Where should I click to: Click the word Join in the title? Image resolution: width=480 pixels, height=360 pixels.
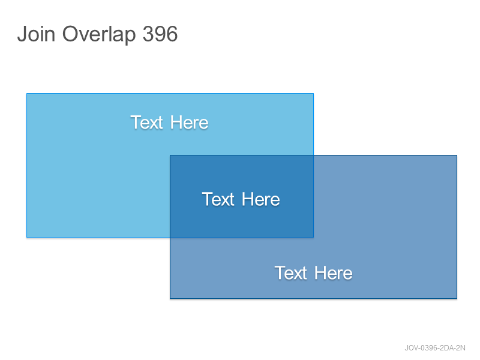click(x=36, y=34)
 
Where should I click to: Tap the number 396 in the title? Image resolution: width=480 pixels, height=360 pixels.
click(x=160, y=34)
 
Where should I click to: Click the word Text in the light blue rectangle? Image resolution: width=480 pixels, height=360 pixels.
click(x=146, y=122)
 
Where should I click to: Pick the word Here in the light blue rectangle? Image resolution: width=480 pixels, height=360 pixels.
click(x=189, y=122)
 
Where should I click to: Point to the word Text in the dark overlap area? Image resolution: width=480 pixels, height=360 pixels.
click(x=218, y=199)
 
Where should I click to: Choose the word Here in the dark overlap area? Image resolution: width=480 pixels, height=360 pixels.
click(x=261, y=199)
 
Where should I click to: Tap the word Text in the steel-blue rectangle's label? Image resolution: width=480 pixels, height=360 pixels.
click(x=291, y=273)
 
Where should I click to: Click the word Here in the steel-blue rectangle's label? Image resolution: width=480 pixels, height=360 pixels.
click(x=334, y=273)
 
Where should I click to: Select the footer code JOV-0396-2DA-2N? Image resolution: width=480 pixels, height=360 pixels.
click(x=435, y=348)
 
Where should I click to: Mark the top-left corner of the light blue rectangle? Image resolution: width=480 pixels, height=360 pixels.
click(x=27, y=94)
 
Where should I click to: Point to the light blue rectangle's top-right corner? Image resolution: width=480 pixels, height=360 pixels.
click(x=313, y=94)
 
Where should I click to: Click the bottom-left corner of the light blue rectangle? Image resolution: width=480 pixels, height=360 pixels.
click(x=27, y=237)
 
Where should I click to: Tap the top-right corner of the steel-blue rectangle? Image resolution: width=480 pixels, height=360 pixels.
click(x=457, y=155)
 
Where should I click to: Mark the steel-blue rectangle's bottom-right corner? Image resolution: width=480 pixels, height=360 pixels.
click(x=457, y=298)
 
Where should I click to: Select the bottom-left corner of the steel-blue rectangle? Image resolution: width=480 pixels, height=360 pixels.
click(x=170, y=298)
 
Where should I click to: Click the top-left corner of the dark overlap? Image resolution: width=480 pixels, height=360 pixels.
click(x=170, y=155)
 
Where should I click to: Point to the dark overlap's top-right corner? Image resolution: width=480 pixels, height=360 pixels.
click(x=313, y=155)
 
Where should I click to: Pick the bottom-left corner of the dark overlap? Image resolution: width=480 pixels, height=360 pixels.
click(x=170, y=237)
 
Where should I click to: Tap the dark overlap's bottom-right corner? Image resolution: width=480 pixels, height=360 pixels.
click(x=313, y=237)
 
